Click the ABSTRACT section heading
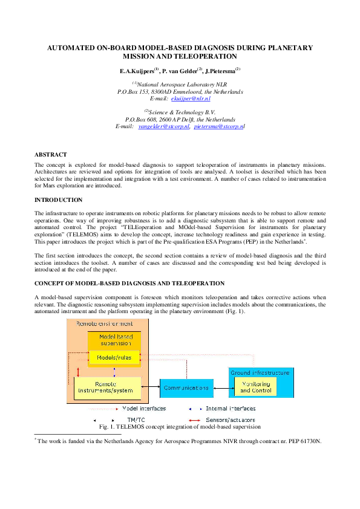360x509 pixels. pyautogui.click(x=51, y=155)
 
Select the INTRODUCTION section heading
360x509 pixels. pyautogui.click(x=58, y=200)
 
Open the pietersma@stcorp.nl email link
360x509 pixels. pyautogui.click(x=218, y=126)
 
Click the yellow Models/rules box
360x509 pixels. pyautogui.click(x=114, y=358)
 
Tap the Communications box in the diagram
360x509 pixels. pyautogui.click(x=186, y=387)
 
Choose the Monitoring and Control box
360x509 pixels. pyautogui.click(x=255, y=387)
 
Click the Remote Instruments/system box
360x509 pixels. pyautogui.click(x=106, y=387)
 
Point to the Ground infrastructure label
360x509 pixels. pyautogui.click(x=260, y=373)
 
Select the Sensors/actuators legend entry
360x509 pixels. pyautogui.click(x=230, y=420)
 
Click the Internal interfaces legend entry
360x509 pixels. pyautogui.click(x=229, y=409)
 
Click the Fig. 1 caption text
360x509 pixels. pyautogui.click(x=179, y=427)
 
